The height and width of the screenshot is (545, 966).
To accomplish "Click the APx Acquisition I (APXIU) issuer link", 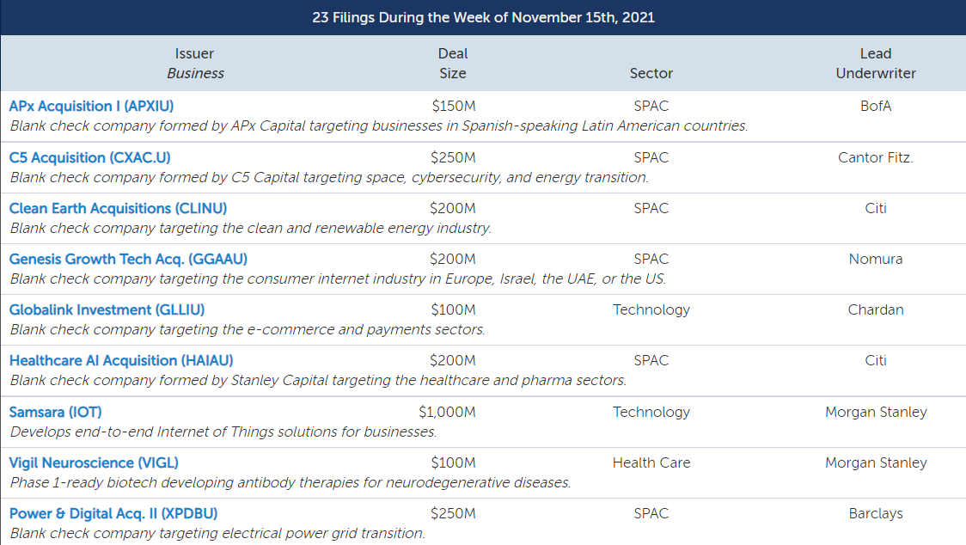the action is tap(91, 106).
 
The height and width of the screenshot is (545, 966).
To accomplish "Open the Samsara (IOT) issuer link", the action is tap(56, 412).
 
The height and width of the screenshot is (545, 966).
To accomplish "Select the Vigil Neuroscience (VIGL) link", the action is tap(94, 463).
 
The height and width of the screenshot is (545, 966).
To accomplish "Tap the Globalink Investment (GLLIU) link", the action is tap(107, 309).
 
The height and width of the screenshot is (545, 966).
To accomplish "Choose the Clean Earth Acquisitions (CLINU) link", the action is tap(118, 208).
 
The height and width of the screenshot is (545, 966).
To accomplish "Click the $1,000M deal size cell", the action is tap(447, 413).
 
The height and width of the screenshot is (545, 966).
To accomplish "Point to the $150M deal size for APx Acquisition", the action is tap(454, 106).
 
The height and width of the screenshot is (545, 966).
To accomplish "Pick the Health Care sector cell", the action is tap(651, 463).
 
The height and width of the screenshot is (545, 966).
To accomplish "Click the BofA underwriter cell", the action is tap(876, 106).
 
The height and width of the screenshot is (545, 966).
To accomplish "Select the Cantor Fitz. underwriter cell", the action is tap(876, 158).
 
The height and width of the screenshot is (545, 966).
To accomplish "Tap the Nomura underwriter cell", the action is tap(876, 259).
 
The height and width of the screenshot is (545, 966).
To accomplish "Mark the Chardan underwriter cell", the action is tap(876, 309).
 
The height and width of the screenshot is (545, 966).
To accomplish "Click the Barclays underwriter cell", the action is tap(876, 513).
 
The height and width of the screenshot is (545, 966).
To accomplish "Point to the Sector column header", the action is tap(651, 73).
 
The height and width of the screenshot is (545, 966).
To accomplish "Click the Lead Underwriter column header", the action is tap(876, 64).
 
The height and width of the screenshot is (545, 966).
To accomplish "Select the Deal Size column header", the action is tap(453, 64).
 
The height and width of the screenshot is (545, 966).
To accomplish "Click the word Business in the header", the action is tap(195, 73).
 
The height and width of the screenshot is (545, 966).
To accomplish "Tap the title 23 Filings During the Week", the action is tap(483, 17).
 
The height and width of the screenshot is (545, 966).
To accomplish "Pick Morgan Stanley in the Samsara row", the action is tap(876, 412).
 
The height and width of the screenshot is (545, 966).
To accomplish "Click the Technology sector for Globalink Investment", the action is tap(651, 310).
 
